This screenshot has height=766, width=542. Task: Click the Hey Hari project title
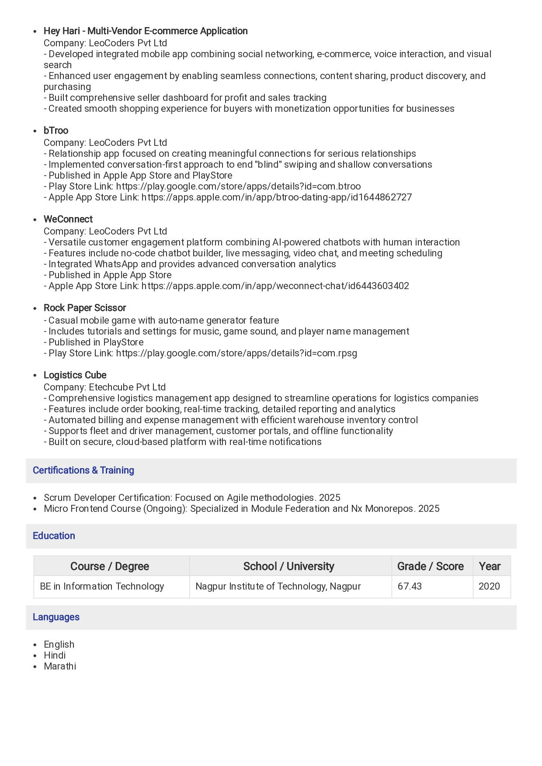(146, 31)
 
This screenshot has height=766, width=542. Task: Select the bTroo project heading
(56, 131)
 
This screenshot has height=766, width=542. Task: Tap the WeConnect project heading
(68, 219)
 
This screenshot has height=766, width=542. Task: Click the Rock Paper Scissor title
(85, 308)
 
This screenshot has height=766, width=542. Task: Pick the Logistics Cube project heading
(75, 375)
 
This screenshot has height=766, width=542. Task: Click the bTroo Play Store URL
(238, 186)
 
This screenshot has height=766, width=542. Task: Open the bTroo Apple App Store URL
(276, 197)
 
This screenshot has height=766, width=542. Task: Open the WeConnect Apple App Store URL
(275, 286)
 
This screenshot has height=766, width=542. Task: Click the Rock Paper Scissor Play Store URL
(236, 353)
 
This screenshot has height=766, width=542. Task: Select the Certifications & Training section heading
(83, 470)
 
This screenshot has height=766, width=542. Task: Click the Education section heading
(54, 536)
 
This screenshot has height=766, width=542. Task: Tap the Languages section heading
(56, 617)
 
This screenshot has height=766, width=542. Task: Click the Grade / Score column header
(430, 566)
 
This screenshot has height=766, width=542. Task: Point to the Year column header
(490, 566)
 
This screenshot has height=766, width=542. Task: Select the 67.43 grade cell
(410, 587)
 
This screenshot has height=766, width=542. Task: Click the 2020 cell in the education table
(489, 587)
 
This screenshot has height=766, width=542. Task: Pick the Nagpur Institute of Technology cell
(278, 587)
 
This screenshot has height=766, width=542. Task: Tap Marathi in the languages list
(60, 666)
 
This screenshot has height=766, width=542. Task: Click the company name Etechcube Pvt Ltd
(127, 387)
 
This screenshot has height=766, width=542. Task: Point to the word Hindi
(55, 656)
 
